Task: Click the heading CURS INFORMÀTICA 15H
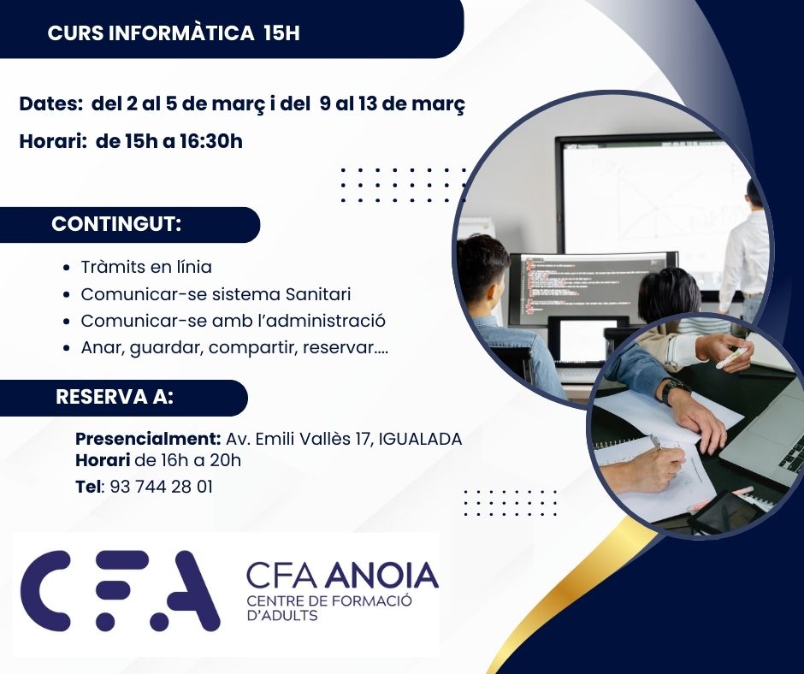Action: point(174,33)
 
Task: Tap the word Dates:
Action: point(51,104)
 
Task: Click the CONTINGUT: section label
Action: point(116,225)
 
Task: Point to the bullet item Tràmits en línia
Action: point(146,267)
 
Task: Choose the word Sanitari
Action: point(318,294)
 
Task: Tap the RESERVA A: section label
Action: point(115,397)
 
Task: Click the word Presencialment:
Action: point(148,439)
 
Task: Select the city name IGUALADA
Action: point(421,439)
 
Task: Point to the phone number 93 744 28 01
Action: point(161,487)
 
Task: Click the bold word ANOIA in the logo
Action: point(381,576)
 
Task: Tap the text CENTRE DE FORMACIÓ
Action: point(329,600)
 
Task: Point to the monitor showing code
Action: point(592,288)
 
